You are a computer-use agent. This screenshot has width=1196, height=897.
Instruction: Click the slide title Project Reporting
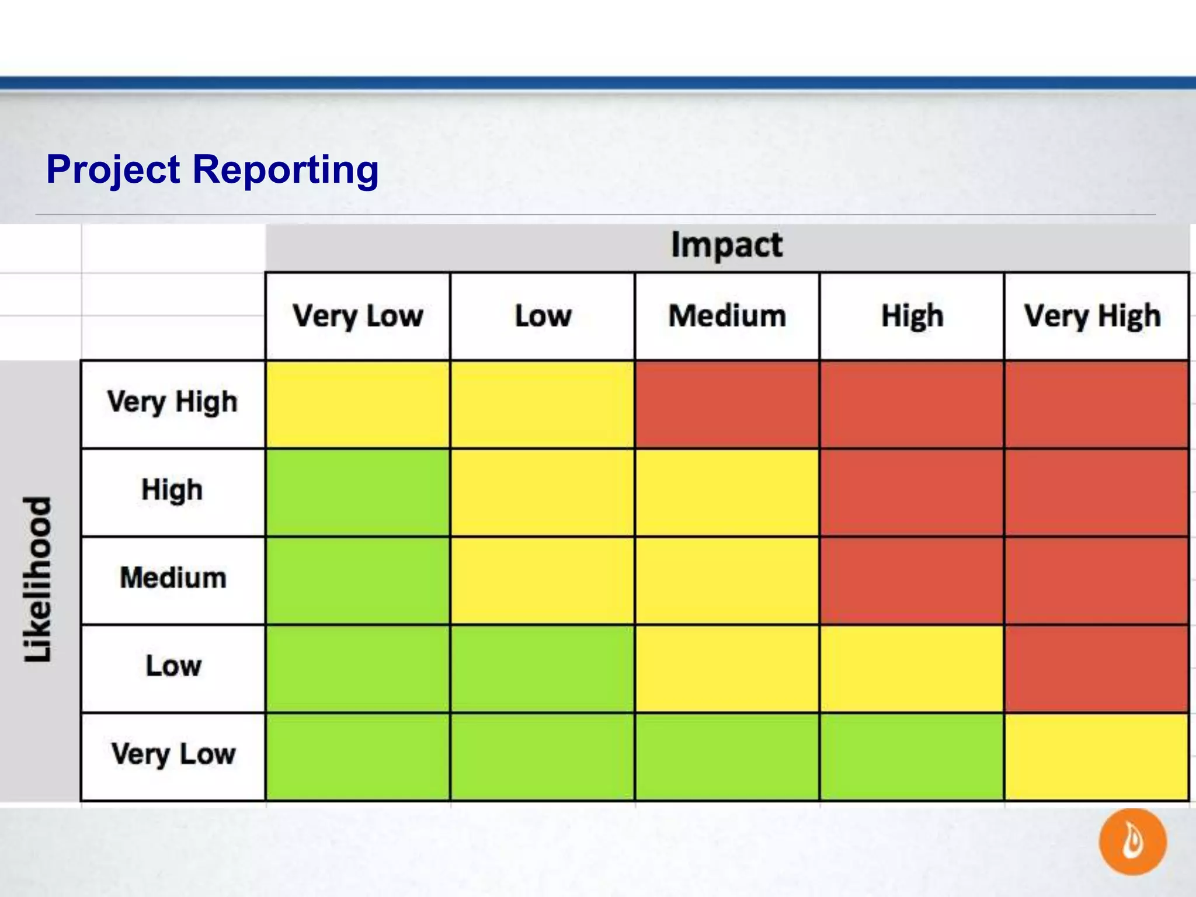click(x=213, y=169)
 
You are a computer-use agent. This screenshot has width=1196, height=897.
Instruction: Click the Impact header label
click(x=726, y=245)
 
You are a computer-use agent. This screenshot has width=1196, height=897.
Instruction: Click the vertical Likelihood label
click(x=39, y=579)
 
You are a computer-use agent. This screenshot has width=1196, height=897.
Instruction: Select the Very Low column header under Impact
click(x=357, y=316)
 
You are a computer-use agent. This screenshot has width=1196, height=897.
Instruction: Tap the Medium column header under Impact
click(x=726, y=316)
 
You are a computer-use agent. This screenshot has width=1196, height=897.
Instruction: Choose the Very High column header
click(x=1092, y=316)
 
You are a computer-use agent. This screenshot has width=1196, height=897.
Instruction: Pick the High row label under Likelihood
click(x=172, y=490)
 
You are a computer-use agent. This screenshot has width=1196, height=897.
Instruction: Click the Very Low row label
click(x=173, y=754)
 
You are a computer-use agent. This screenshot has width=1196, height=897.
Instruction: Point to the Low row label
click(x=173, y=666)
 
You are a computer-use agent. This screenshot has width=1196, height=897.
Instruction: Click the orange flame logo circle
click(x=1132, y=842)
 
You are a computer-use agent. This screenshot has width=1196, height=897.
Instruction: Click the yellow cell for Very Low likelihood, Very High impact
click(x=1096, y=757)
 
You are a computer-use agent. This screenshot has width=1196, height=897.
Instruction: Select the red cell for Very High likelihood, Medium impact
click(x=726, y=404)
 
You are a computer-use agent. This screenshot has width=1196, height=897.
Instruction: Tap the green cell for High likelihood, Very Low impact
click(x=357, y=492)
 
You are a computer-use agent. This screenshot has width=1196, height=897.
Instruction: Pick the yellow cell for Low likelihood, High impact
click(x=911, y=669)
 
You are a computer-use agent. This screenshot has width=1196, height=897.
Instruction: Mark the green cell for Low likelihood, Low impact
click(x=542, y=669)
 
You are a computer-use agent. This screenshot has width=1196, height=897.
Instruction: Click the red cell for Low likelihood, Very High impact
click(x=1096, y=669)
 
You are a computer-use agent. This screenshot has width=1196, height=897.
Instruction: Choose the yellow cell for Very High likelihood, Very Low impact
click(x=357, y=404)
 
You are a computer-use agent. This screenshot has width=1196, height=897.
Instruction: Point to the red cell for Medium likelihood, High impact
click(x=911, y=580)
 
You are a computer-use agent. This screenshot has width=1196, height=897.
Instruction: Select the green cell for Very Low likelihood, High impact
click(x=911, y=757)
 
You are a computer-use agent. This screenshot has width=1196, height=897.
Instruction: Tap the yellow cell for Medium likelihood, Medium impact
click(x=726, y=580)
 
